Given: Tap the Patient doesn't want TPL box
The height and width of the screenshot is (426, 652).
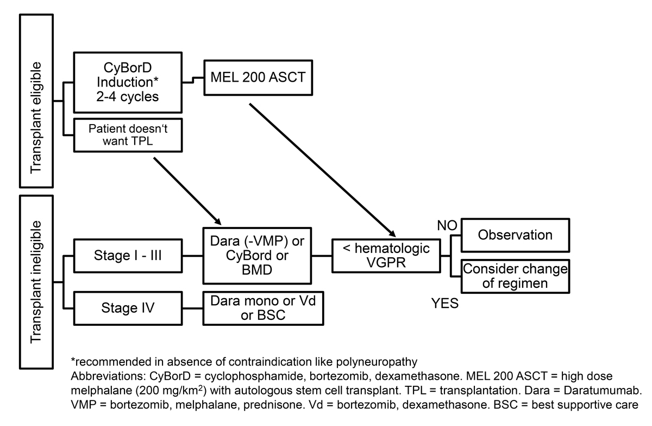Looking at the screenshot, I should coord(127,135).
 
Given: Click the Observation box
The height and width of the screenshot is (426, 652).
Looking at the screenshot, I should coord(515,234).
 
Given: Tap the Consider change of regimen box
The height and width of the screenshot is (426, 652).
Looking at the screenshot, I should coord(515,276).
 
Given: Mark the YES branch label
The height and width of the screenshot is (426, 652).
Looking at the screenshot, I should coord(445,304).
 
